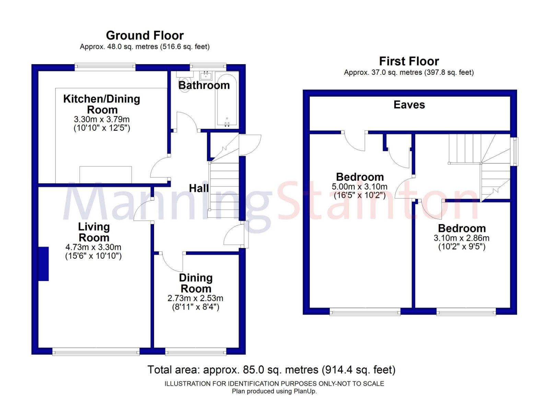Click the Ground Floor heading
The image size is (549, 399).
(x=144, y=36)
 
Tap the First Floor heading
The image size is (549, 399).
(x=409, y=61)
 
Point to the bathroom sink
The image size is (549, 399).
(x=206, y=75)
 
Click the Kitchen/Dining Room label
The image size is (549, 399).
(x=102, y=104)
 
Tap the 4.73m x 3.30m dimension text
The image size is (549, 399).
(x=93, y=247)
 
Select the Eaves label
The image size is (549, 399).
(x=409, y=105)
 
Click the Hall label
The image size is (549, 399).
(x=199, y=188)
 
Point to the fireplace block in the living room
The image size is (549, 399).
(x=44, y=264)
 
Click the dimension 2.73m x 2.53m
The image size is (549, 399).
(x=195, y=298)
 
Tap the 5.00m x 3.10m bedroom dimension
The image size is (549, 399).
(x=359, y=187)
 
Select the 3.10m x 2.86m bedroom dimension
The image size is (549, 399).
(x=462, y=238)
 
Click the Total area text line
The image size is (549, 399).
(x=271, y=370)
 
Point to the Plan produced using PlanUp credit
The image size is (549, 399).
(x=274, y=391)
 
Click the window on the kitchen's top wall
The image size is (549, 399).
(x=105, y=67)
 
